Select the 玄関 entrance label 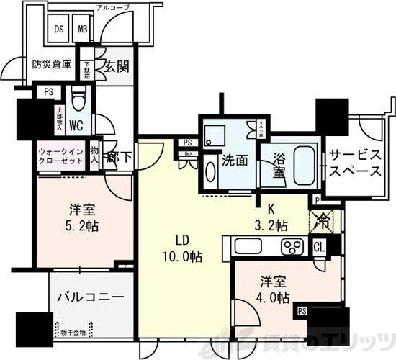(x=114, y=66)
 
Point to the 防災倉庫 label (x=51, y=64)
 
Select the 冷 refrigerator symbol (x=320, y=222)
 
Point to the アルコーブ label (x=116, y=8)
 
